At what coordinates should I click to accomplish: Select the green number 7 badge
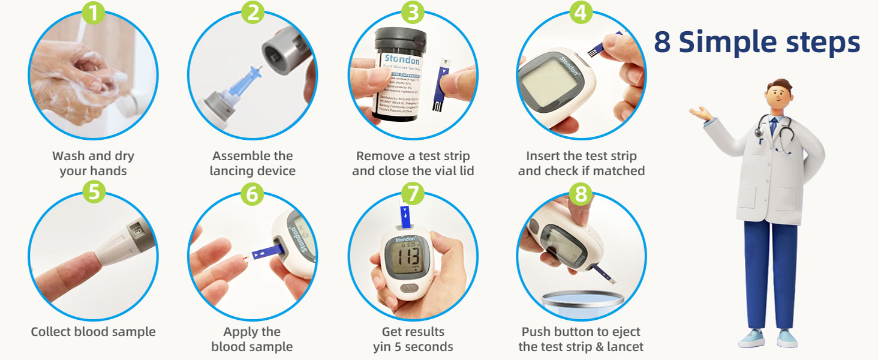[413, 193]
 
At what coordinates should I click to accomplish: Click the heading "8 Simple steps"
[757, 43]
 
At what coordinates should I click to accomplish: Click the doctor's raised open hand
[700, 112]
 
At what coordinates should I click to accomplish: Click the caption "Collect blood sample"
[93, 332]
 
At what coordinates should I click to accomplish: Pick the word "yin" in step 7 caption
[383, 347]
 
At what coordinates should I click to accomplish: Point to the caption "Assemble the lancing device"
[252, 163]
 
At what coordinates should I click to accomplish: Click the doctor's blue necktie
[774, 127]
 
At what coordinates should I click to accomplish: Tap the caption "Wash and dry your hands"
[93, 163]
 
